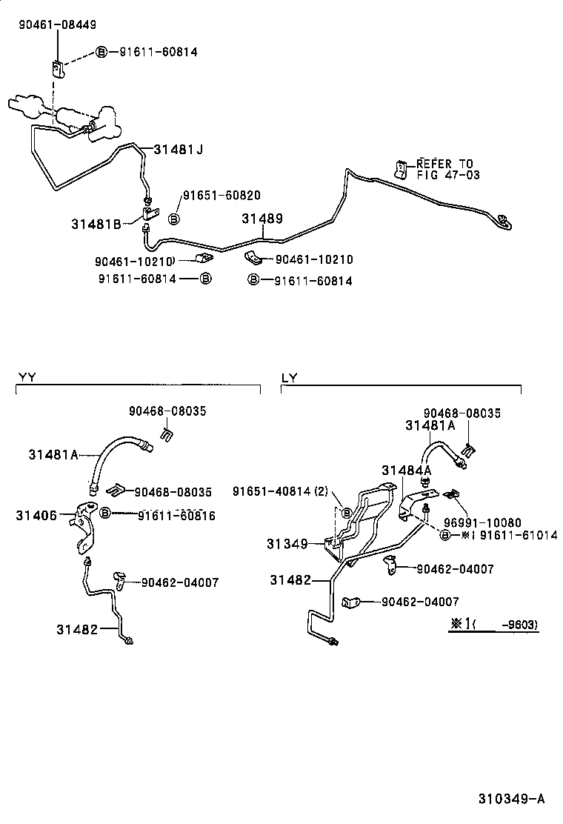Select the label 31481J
click(x=178, y=150)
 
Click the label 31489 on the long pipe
click(x=262, y=219)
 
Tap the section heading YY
click(x=27, y=376)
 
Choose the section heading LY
click(x=289, y=376)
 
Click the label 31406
click(x=38, y=514)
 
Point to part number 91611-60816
click(x=176, y=515)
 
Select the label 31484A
click(x=407, y=470)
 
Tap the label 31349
click(x=287, y=544)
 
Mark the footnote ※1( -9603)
click(x=493, y=625)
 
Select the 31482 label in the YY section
click(x=77, y=629)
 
